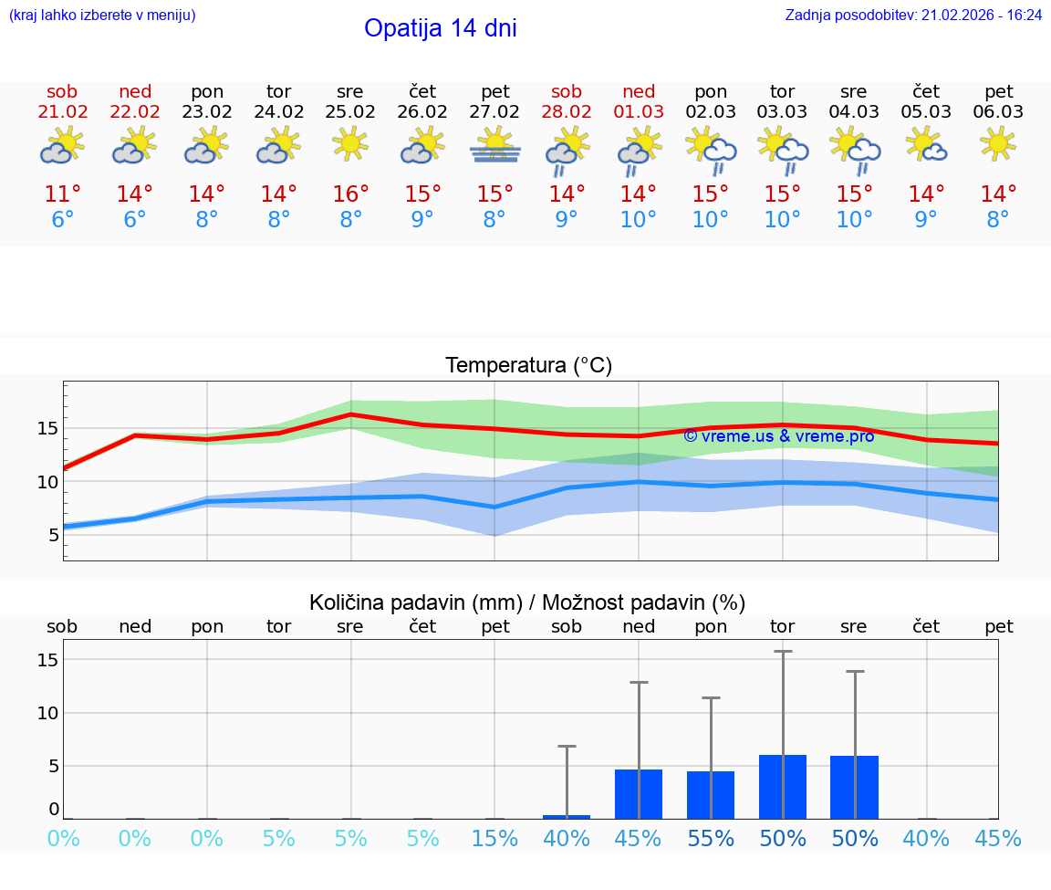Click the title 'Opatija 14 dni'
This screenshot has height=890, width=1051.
pos(440,28)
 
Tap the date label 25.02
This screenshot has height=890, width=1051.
pos(350,112)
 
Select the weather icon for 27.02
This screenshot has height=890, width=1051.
pos(494,146)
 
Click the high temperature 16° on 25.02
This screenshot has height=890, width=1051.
pos(350,194)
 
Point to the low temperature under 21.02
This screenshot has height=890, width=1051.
pos(62,220)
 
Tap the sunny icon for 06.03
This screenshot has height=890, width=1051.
pos(998,143)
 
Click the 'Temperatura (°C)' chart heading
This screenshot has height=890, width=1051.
pos(528,366)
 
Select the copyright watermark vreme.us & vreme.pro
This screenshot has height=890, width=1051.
pos(778,436)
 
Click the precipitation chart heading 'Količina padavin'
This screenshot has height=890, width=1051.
pos(527,602)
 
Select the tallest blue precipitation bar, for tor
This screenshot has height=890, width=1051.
pos(783,787)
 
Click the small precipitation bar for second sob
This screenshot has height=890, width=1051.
pos(567,816)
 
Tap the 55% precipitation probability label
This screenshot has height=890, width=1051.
pos(711,839)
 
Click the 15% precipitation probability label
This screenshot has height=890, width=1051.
pos(494,839)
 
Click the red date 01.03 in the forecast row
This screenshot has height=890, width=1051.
pos(639,112)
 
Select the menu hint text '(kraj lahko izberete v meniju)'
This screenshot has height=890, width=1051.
pos(102,15)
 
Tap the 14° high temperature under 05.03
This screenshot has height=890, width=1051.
pos(926,194)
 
